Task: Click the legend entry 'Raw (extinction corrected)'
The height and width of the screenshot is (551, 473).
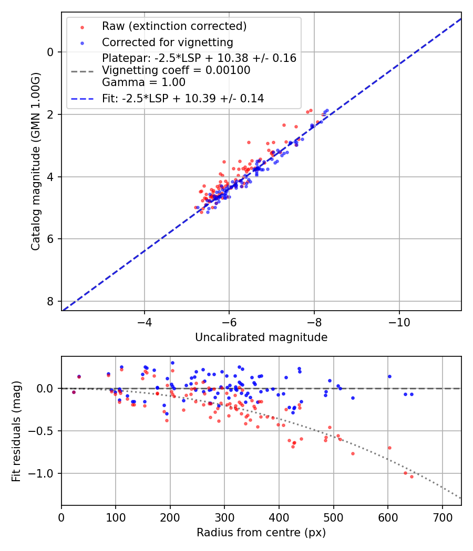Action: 174,26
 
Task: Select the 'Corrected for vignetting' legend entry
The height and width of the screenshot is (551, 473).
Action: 168,42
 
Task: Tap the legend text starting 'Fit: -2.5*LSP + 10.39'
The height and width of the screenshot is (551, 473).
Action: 183,98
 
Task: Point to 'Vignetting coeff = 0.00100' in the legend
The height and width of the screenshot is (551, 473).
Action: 176,70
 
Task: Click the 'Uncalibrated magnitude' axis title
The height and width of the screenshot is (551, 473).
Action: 261,337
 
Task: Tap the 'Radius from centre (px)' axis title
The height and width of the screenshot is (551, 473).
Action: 261,533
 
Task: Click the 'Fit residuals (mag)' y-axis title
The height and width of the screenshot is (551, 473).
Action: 16,431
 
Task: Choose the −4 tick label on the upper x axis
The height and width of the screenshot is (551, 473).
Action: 145,320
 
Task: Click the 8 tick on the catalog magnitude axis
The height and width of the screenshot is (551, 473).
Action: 50,301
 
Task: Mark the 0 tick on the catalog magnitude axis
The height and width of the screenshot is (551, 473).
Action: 50,52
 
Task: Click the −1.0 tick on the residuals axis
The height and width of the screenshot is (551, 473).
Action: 43,474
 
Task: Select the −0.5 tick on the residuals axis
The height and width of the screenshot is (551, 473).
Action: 43,431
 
